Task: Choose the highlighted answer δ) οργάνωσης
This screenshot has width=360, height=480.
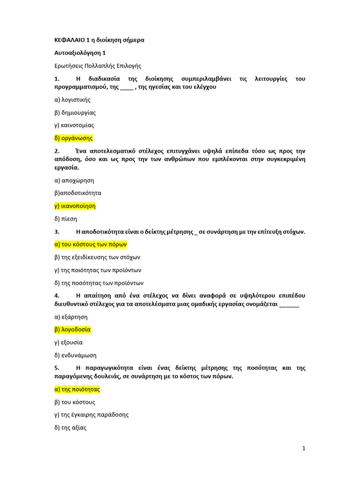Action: click(x=74, y=138)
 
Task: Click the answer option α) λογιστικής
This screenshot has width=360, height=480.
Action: click(x=72, y=100)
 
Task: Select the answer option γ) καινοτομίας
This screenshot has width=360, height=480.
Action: click(x=74, y=125)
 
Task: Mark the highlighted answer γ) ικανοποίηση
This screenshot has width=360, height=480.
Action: click(x=75, y=206)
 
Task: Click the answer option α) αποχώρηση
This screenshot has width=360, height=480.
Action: click(x=74, y=180)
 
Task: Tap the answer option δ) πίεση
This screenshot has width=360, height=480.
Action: click(x=66, y=218)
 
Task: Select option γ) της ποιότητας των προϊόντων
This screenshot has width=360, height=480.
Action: click(x=97, y=270)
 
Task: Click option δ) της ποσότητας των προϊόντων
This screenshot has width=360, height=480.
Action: click(x=99, y=283)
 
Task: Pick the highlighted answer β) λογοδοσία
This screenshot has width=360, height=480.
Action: click(x=72, y=330)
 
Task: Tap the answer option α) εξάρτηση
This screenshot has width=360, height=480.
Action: click(x=71, y=317)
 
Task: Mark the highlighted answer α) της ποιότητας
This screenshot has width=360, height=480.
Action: click(x=77, y=390)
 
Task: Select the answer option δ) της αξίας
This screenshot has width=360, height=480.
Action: click(x=70, y=427)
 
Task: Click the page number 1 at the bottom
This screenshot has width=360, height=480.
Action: click(x=304, y=448)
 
